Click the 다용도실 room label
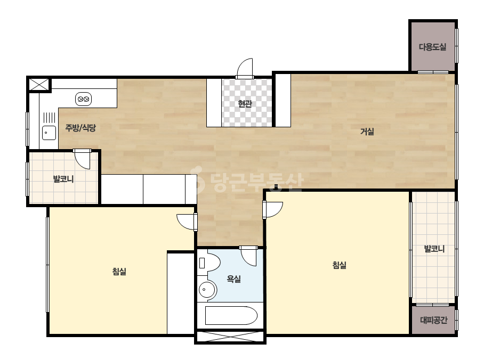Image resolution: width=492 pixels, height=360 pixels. [432, 47]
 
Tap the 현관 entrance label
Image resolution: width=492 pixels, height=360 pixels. [245, 103]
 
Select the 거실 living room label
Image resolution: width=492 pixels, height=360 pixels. [367, 132]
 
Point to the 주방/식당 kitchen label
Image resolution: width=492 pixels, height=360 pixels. [80, 128]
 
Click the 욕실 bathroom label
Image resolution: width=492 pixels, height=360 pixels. [234, 279]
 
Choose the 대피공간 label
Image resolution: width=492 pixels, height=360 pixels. [433, 320]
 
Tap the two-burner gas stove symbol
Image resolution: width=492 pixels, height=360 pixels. [84, 99]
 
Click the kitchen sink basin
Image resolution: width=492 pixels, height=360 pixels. [49, 133]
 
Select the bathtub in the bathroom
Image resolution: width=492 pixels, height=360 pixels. [231, 315]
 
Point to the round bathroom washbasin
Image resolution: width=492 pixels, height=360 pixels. [207, 290]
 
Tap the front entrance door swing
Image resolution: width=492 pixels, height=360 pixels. [245, 68]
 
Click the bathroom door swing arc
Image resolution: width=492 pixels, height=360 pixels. [248, 256]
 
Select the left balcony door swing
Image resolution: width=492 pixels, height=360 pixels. [82, 159]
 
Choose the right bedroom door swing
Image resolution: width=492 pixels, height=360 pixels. [272, 209]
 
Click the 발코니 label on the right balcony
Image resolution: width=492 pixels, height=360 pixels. [434, 249]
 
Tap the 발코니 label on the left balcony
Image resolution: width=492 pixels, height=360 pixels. [63, 179]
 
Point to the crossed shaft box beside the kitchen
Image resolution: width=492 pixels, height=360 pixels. [39, 85]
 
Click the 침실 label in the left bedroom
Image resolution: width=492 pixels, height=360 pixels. [119, 271]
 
